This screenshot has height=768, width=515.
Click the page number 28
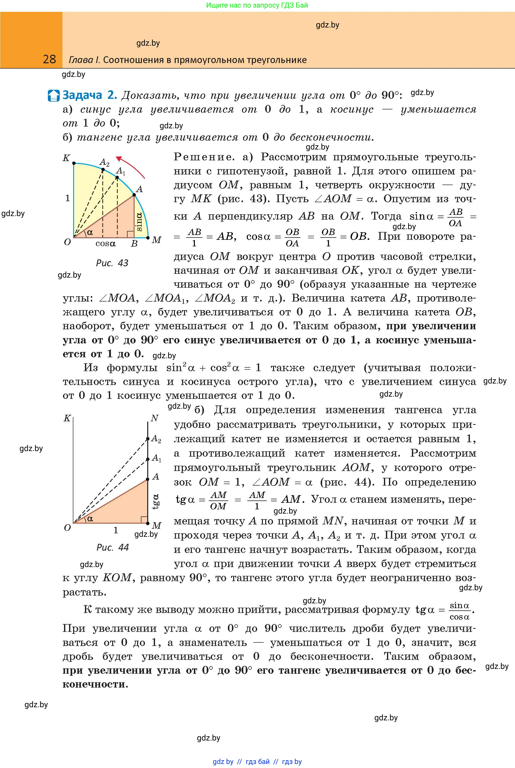[x=49, y=59]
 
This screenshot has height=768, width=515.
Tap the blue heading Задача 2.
[x=89, y=95]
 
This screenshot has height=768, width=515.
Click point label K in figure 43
[x=66, y=158]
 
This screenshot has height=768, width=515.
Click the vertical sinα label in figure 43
[x=139, y=221]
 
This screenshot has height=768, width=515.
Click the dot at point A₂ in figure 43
[x=103, y=170]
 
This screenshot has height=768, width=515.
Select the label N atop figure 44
[x=154, y=418]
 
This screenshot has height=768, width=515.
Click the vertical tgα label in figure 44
[x=156, y=501]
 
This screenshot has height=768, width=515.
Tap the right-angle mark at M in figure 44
[x=144, y=520]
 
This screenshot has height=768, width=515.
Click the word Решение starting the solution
[x=204, y=157]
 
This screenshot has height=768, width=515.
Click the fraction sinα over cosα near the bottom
[x=460, y=611]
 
